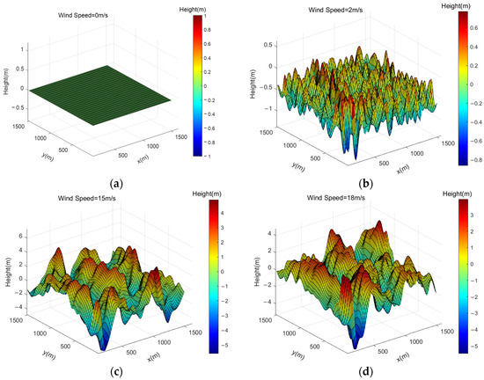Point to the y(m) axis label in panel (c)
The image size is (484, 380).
coord(47,340)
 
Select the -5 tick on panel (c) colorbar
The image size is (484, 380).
coord(225,345)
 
